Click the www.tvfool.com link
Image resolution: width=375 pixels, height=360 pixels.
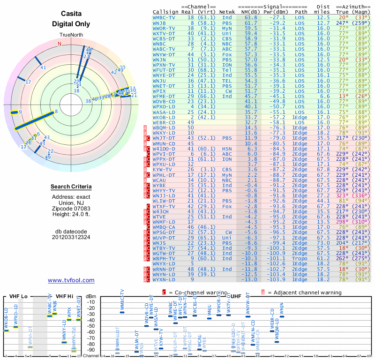[71, 280]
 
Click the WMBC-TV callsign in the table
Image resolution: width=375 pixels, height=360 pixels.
[165, 17]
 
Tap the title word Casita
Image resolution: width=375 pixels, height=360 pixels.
[71, 14]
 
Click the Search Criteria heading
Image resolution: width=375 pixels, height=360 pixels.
[71, 187]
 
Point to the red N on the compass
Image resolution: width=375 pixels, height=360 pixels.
[59, 44]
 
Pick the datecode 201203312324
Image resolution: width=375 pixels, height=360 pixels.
[71, 237]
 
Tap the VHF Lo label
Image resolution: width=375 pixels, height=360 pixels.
[18, 296]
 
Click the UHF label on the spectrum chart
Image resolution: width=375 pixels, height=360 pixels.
[237, 296]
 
